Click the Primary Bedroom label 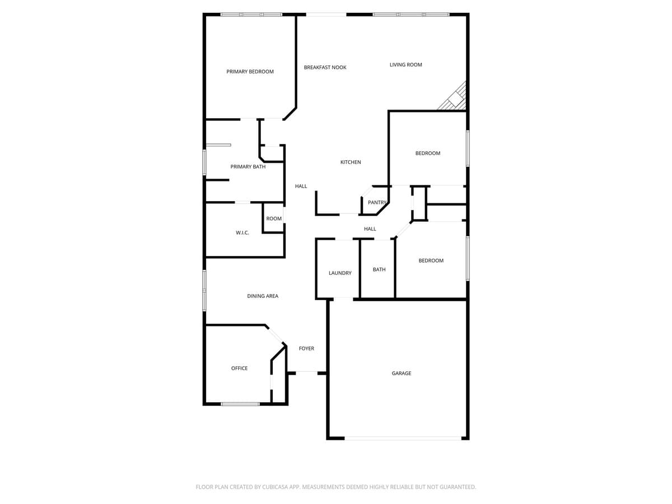point(250,72)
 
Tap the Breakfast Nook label point(325,67)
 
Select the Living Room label point(405,65)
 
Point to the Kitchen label point(351,162)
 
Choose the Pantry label point(377,203)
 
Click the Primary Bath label point(248,167)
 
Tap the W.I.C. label point(242,233)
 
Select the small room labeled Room point(274,219)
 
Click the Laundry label point(340,273)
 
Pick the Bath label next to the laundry point(379,270)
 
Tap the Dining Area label point(263,296)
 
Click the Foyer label point(306,349)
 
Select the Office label point(239,368)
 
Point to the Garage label point(401,374)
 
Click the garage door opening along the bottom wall point(403,438)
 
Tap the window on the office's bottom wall point(240,404)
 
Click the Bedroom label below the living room point(427,153)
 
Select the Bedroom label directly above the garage point(431,261)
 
